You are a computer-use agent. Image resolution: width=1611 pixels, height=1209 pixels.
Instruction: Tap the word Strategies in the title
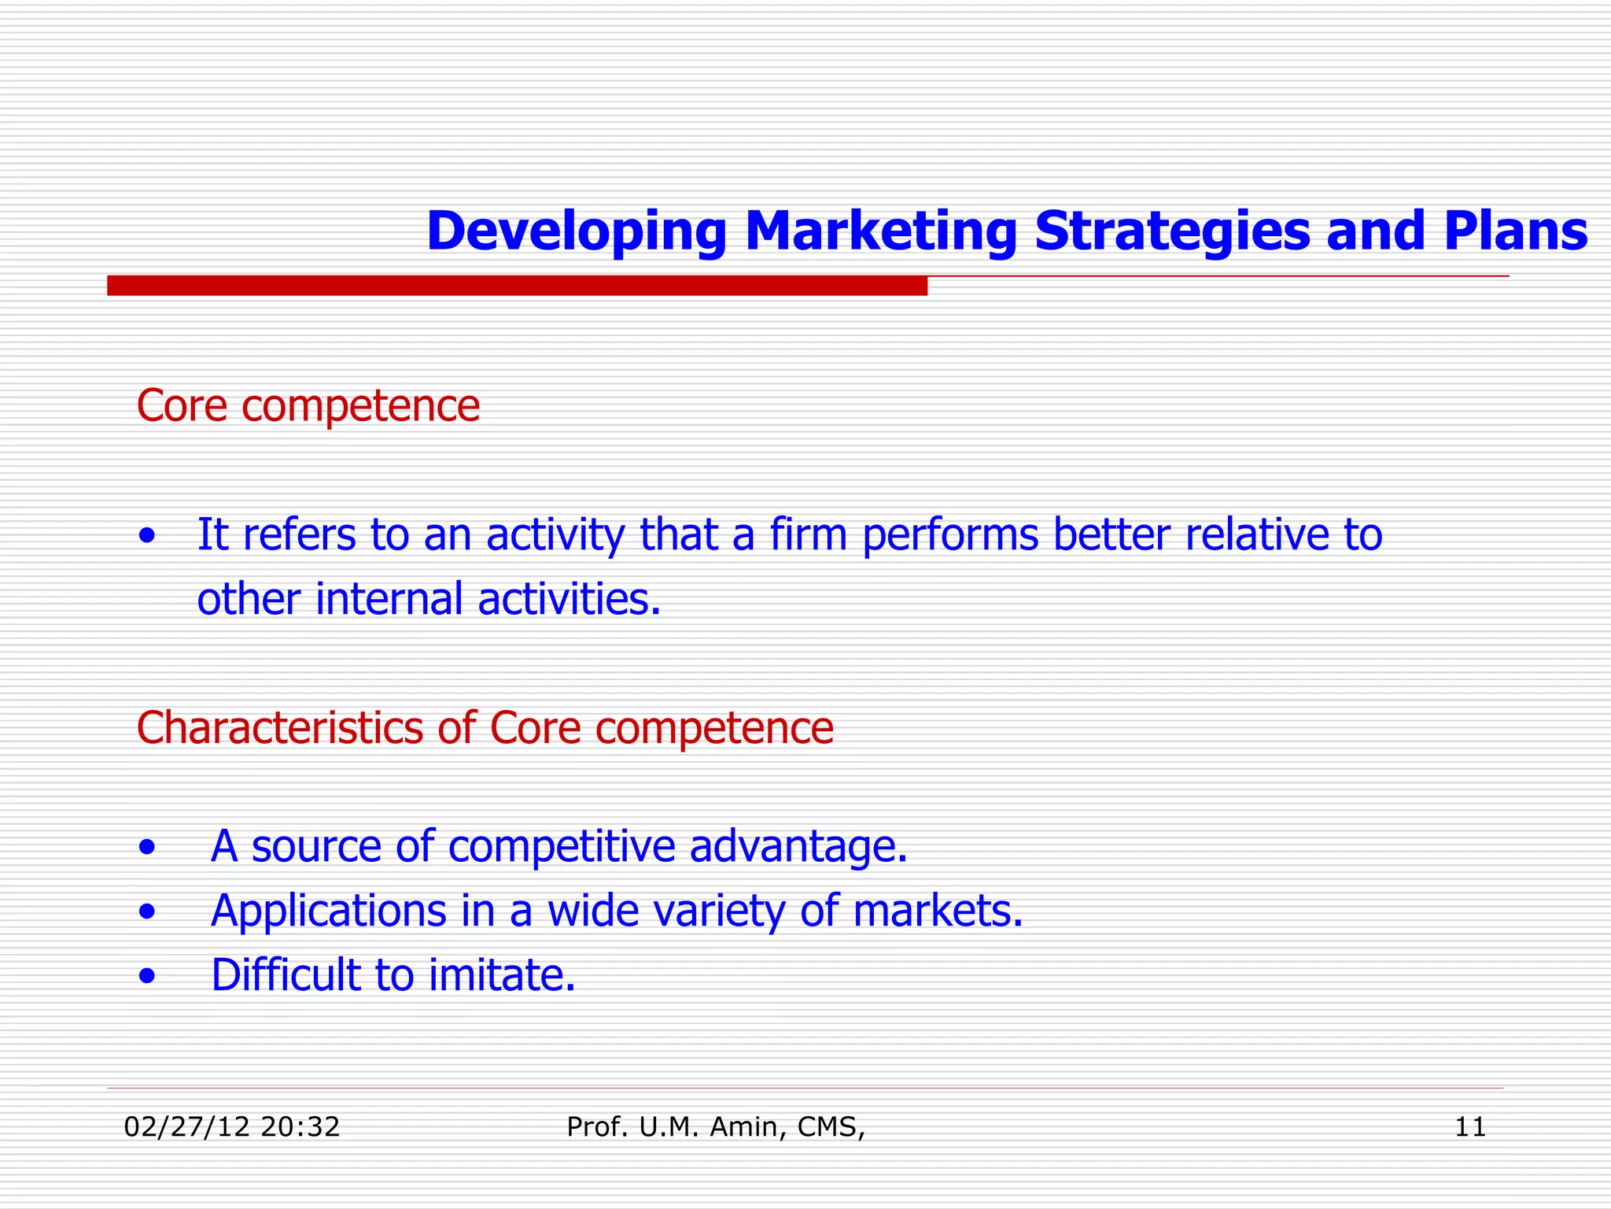(x=1171, y=231)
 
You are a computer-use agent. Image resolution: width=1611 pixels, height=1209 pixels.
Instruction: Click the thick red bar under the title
(x=517, y=286)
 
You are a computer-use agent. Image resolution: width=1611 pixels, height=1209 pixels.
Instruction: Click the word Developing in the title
(x=577, y=233)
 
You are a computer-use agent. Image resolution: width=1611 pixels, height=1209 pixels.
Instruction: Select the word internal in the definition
(x=389, y=599)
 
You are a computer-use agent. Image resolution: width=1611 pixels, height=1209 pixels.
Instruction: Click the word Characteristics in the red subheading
(x=279, y=727)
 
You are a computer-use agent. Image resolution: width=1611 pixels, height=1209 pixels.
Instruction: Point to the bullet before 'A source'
(x=146, y=849)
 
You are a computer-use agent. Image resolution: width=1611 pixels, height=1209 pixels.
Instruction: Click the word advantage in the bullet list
(x=798, y=847)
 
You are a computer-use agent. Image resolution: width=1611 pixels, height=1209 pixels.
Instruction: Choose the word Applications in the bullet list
(x=329, y=911)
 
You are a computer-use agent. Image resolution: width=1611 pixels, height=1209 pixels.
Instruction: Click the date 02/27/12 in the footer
(x=187, y=1127)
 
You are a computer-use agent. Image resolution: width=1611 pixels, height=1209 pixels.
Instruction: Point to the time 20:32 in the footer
(x=300, y=1127)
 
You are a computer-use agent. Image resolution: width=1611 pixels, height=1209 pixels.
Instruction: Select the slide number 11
(x=1470, y=1127)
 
